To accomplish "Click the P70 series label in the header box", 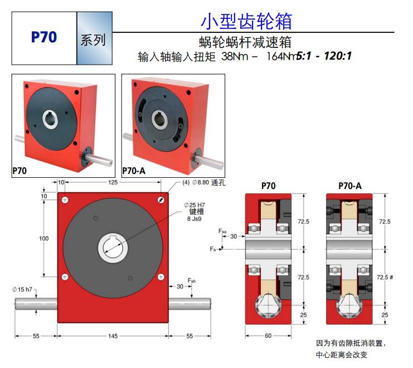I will click(43, 37).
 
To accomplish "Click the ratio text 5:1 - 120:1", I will click(325, 56).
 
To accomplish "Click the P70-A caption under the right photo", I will click(134, 171).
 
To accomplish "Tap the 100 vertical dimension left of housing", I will click(43, 238).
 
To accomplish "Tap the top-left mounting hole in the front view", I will click(66, 200).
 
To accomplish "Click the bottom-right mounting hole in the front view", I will click(161, 277).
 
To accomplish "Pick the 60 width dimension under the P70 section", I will click(268, 336).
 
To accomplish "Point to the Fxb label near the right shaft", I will click(191, 279).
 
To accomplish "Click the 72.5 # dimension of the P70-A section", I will click(385, 277).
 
